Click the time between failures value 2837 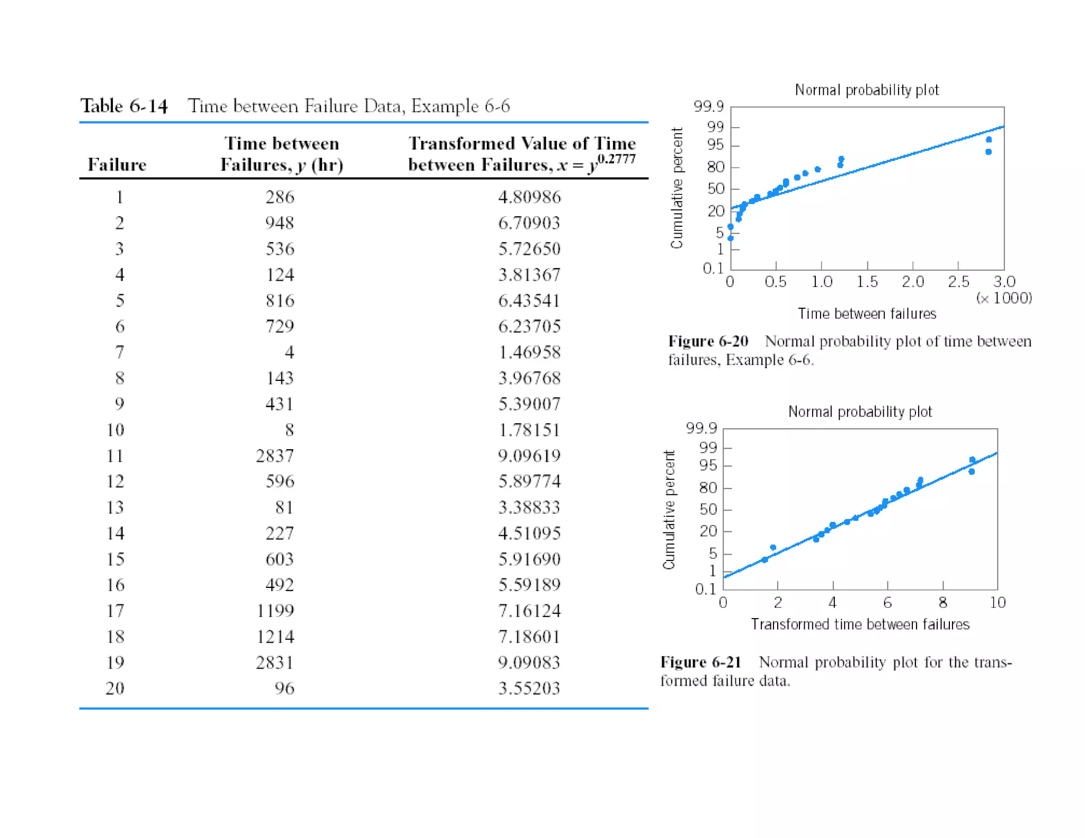[274, 456]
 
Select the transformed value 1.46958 [529, 352]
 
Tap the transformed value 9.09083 [529, 662]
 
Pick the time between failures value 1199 [274, 611]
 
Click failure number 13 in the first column [115, 507]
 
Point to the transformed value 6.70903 [529, 223]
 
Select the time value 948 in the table [279, 223]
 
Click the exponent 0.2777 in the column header [616, 158]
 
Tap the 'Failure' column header [117, 165]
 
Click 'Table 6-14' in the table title [124, 106]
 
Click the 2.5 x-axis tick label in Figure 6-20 [958, 282]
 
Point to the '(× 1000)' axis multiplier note [1004, 298]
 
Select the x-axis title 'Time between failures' [867, 314]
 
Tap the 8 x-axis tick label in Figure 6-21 [942, 603]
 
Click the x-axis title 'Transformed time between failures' [860, 625]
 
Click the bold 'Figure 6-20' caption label [708, 341]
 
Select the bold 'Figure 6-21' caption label [700, 662]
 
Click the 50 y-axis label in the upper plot [715, 189]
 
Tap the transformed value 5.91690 [529, 559]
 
